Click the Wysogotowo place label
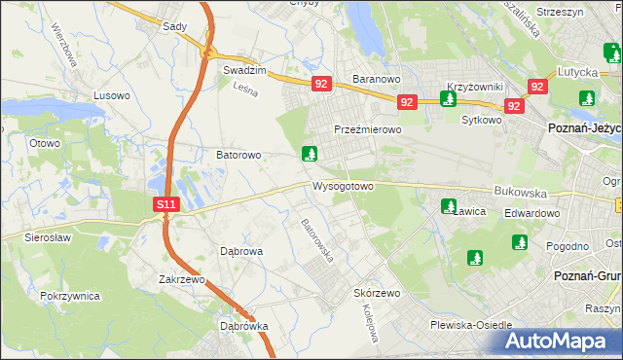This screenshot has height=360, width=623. coord(343,186)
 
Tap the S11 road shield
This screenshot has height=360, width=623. coord(166,204)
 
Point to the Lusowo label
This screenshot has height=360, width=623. coord(110,95)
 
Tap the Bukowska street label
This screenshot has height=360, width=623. coord(521,193)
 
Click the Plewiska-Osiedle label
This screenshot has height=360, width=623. coord(470,326)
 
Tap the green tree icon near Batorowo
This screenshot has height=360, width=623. coord(310,154)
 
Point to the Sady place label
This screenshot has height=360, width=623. coord(175,27)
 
